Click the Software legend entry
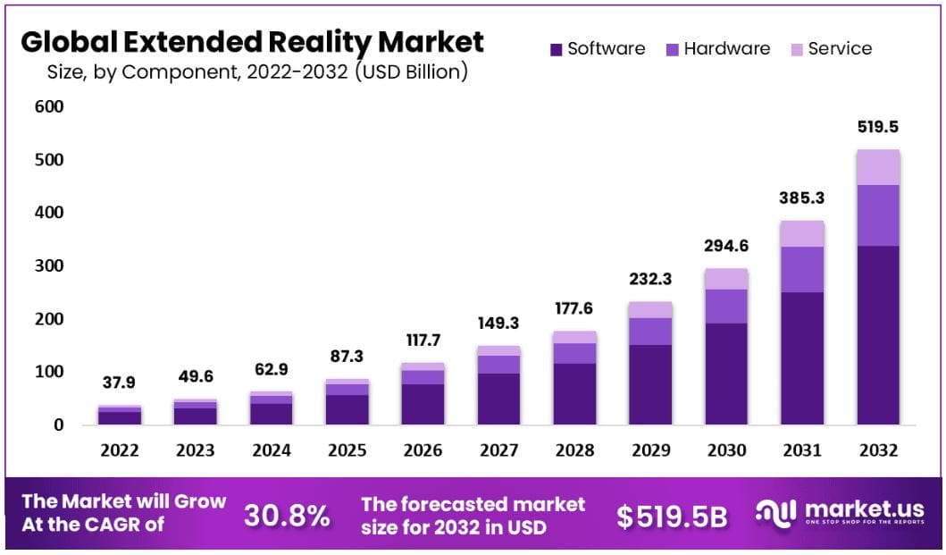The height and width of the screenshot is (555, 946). (597, 49)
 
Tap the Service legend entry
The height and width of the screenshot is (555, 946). (828, 49)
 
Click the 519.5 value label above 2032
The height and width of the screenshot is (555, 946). (878, 128)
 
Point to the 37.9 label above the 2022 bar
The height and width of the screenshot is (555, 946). (120, 383)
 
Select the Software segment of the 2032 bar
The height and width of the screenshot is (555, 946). (878, 335)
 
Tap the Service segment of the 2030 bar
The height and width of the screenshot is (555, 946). (726, 278)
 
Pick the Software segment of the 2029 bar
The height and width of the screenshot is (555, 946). (650, 384)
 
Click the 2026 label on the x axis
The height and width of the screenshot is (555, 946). (423, 450)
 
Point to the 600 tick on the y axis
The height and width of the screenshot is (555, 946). (49, 107)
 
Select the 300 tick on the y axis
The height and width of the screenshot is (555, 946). (49, 266)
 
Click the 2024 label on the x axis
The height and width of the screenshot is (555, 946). (272, 450)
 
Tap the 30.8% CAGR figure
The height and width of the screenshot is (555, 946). (287, 516)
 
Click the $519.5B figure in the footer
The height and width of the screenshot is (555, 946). (672, 516)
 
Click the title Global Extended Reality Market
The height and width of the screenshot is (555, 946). (252, 41)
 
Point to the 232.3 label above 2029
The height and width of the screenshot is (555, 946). (650, 279)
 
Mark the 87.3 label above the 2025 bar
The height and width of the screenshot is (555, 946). (347, 356)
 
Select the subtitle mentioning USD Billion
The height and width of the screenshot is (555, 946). (257, 71)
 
